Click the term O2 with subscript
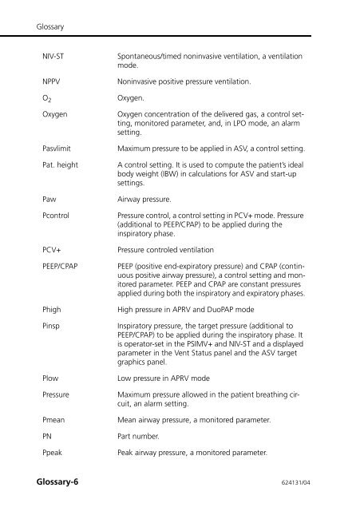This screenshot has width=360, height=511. coord(47,101)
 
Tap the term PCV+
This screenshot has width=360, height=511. coord(52,251)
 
